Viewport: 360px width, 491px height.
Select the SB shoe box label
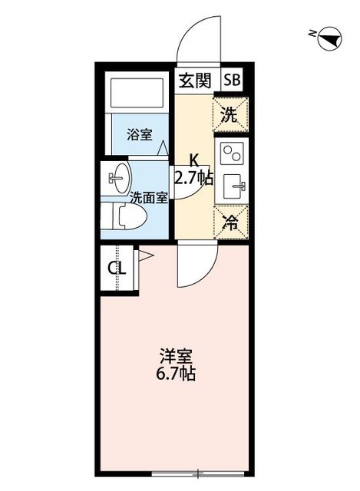click(x=232, y=80)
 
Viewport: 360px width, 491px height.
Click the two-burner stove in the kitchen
click(x=231, y=154)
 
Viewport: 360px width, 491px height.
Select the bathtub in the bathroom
click(x=137, y=94)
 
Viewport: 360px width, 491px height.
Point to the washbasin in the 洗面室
click(x=117, y=179)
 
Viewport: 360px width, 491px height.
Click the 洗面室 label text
click(x=148, y=197)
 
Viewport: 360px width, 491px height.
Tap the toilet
click(x=123, y=216)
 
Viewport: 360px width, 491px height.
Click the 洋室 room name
click(x=176, y=358)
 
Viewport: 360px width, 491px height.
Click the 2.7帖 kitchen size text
click(x=193, y=179)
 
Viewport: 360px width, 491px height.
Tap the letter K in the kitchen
click(x=194, y=161)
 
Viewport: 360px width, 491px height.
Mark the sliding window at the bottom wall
click(x=198, y=470)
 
